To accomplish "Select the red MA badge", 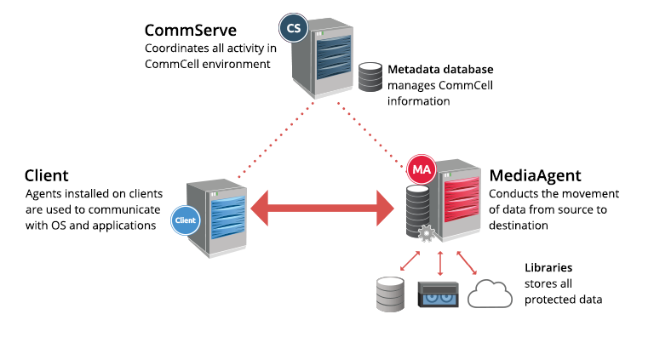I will click(x=422, y=169).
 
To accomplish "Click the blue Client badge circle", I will click(x=185, y=220).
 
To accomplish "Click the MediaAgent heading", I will click(x=535, y=177).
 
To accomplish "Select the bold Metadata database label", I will click(x=440, y=69).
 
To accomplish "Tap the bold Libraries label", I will click(x=548, y=266).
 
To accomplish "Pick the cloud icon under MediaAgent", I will click(x=490, y=294).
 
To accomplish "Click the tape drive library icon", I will click(x=439, y=295).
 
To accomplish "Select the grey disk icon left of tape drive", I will click(x=391, y=293).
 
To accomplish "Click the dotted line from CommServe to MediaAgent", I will click(x=370, y=132).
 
